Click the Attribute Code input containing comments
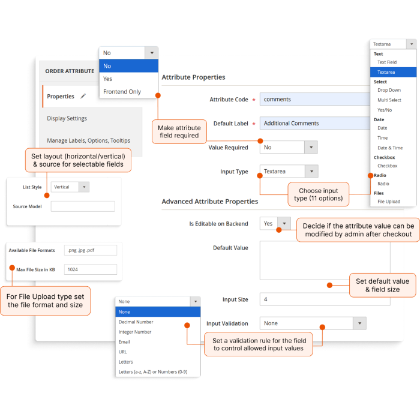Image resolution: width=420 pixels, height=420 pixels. click(x=315, y=99)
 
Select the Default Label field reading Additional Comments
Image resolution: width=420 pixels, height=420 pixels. click(x=315, y=123)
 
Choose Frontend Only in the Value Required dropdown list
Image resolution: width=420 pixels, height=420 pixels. click(x=122, y=92)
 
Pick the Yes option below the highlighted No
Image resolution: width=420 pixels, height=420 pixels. click(x=107, y=79)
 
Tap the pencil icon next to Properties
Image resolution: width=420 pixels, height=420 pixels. click(x=83, y=96)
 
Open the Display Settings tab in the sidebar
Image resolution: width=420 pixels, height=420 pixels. click(x=67, y=118)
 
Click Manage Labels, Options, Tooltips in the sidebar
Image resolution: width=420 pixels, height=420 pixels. click(x=88, y=140)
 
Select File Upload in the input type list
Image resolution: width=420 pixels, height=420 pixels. click(x=389, y=202)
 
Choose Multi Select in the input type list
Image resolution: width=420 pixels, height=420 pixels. click(x=389, y=100)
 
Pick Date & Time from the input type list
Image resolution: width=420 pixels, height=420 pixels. click(x=390, y=148)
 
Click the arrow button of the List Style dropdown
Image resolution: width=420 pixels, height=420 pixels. click(x=84, y=187)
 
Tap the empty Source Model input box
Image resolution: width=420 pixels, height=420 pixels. click(x=83, y=206)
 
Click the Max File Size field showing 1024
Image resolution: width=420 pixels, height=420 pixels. click(x=91, y=269)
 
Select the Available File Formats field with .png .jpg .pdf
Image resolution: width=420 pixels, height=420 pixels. click(x=91, y=250)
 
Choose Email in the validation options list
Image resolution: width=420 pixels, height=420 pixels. click(x=124, y=342)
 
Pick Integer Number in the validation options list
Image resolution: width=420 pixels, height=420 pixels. click(x=135, y=332)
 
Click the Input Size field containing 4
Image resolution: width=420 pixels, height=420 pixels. click(x=325, y=299)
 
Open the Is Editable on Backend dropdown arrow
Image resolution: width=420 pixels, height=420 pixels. click(x=284, y=223)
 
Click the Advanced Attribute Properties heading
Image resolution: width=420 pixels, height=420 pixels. click(x=210, y=202)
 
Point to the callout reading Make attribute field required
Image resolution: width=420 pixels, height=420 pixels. click(x=179, y=131)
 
